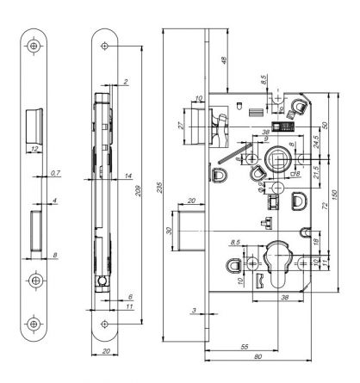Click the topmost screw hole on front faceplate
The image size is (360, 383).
pyautogui.click(x=34, y=46)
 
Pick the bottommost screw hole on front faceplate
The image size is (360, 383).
pyautogui.click(x=34, y=324)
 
